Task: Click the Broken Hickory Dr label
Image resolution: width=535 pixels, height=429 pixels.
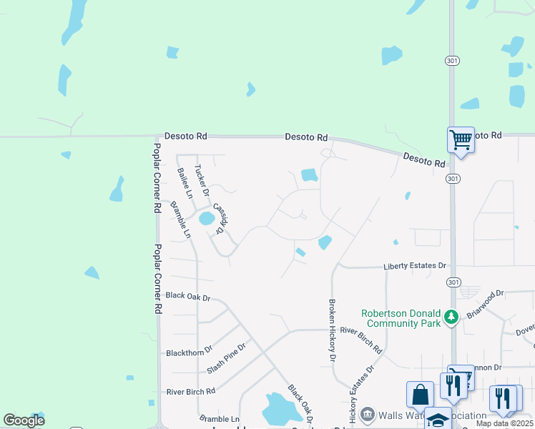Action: (x=332, y=330)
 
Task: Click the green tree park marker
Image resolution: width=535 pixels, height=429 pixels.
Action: (x=451, y=315)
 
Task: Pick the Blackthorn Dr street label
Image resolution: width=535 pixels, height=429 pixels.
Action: (x=190, y=352)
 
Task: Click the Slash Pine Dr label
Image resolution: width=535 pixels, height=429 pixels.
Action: (x=226, y=357)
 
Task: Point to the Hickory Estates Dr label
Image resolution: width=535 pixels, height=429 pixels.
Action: (x=361, y=395)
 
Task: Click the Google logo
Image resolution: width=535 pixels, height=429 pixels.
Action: (x=24, y=420)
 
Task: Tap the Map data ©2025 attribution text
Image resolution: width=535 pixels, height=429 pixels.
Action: (x=504, y=423)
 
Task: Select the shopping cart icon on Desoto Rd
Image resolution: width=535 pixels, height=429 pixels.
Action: (x=461, y=139)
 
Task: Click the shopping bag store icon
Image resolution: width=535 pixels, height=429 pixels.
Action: (x=420, y=394)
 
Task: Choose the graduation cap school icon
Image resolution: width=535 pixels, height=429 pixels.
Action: (x=437, y=419)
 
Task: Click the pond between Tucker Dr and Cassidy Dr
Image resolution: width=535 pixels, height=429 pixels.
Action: (x=207, y=218)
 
